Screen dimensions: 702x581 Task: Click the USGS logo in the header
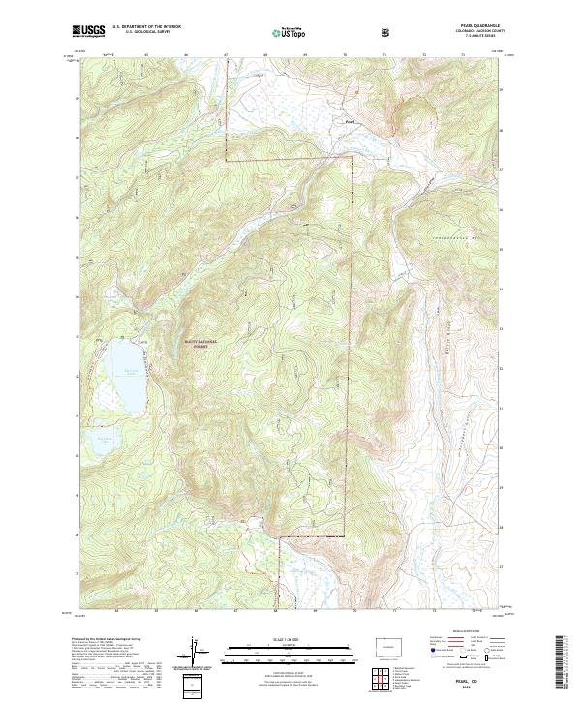[89, 32]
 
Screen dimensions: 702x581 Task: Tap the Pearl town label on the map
[352, 121]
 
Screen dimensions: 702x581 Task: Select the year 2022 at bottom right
[482, 687]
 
